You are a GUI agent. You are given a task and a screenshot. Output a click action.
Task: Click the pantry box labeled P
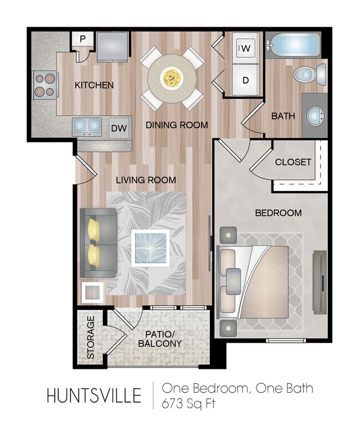83,39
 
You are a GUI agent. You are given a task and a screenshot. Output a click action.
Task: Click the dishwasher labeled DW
119,128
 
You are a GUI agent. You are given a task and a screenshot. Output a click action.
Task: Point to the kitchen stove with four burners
44,85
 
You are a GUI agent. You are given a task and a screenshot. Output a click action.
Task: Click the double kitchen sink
86,126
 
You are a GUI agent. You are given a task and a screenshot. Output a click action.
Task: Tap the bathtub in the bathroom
293,45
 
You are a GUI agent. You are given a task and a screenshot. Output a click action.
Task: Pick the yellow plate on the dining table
171,78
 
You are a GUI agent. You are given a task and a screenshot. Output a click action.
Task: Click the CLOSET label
293,162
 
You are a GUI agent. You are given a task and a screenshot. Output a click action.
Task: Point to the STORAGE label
91,337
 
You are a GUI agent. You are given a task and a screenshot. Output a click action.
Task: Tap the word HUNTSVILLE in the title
94,396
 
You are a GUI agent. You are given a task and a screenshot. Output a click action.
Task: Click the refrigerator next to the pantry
113,46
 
